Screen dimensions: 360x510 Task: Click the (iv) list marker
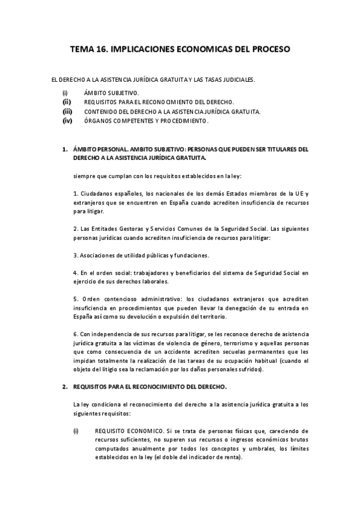pos(67,121)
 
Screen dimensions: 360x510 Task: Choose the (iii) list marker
pos(67,111)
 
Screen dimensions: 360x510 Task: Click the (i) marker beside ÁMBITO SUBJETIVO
pos(65,93)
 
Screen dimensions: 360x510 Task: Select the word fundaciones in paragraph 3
pos(191,255)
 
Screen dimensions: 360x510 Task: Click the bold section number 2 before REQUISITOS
pos(66,387)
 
